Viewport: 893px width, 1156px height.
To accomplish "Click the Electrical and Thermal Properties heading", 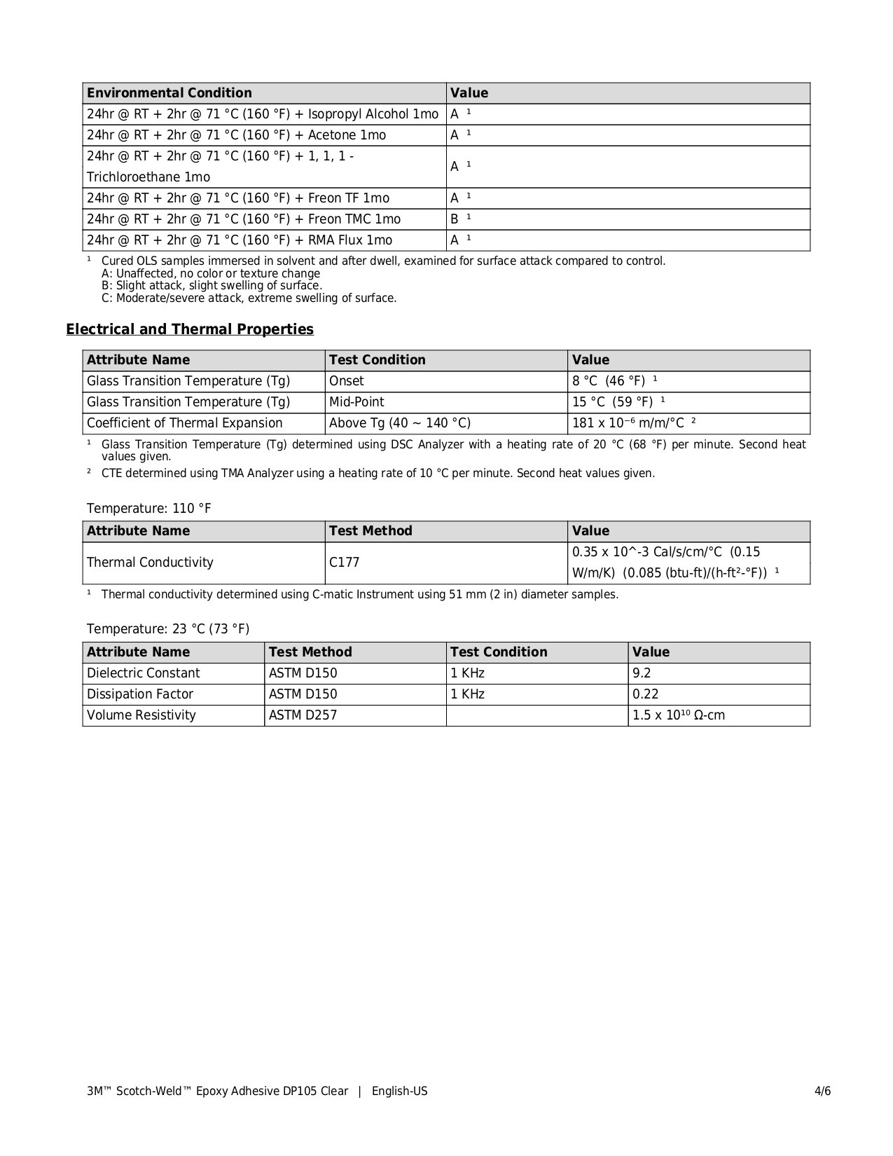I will pyautogui.click(x=190, y=329).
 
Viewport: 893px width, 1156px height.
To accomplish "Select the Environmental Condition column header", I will pyautogui.click(x=169, y=93).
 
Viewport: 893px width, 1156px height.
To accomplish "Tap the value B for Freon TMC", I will pyautogui.click(x=455, y=219).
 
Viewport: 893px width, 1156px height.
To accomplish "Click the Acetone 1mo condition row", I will pyautogui.click(x=236, y=135).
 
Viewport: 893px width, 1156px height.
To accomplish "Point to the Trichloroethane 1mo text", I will pyautogui.click(x=148, y=177).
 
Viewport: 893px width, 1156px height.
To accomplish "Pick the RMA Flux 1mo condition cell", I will pyautogui.click(x=239, y=240).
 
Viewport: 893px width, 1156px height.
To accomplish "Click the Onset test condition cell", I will pyautogui.click(x=347, y=381).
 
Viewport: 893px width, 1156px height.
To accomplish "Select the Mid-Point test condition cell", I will pyautogui.click(x=356, y=402).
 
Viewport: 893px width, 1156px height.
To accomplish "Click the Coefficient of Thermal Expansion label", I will pyautogui.click(x=184, y=423).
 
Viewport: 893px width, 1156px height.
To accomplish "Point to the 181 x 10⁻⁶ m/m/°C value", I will pyautogui.click(x=628, y=423).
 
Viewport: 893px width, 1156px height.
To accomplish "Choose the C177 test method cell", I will pyautogui.click(x=344, y=563).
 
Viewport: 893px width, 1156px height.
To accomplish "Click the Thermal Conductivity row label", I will pyautogui.click(x=150, y=563).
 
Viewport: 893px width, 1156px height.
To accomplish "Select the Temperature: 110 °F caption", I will pyautogui.click(x=148, y=509).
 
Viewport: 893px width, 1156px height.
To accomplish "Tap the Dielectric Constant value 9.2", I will pyautogui.click(x=642, y=673).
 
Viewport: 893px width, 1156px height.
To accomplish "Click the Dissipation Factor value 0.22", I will pyautogui.click(x=645, y=694).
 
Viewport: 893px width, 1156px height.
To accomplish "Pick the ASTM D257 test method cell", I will pyautogui.click(x=303, y=715).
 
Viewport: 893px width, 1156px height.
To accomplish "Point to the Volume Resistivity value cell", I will pyautogui.click(x=678, y=715).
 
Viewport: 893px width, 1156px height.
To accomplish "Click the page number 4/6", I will pyautogui.click(x=822, y=1091).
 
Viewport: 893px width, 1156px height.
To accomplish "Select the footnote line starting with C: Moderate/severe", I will pyautogui.click(x=249, y=298).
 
